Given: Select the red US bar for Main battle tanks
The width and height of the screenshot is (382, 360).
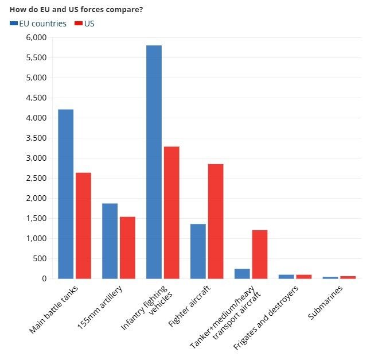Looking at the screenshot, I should pos(83,226).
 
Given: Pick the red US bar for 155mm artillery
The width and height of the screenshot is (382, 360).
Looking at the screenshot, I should pos(127,247).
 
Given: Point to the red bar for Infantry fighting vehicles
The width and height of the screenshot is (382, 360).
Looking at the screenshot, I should pos(171,212).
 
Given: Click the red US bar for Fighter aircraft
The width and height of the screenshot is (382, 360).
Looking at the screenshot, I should pos(216,221).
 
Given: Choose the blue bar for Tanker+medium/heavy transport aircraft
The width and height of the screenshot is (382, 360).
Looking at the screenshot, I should pos(242,273).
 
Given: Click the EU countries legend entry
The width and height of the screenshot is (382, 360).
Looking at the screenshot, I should pos(38,24).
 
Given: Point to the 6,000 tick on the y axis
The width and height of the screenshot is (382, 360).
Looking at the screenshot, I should pos(36,37).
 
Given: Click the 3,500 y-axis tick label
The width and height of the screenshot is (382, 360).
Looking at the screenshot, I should pos(36,138).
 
